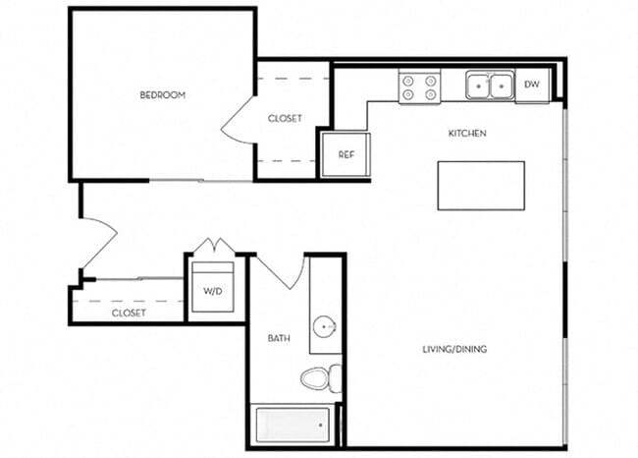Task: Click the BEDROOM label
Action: [x=163, y=95]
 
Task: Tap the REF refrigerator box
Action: [x=346, y=154]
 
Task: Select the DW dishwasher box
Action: [x=532, y=86]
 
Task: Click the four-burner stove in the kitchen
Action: [x=419, y=86]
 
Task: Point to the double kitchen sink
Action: [x=489, y=86]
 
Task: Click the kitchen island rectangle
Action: [x=480, y=185]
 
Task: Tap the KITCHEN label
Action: [x=467, y=133]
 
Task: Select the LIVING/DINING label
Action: [x=455, y=349]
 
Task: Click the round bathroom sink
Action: [x=324, y=326]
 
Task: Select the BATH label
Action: [x=279, y=338]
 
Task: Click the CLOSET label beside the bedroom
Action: [x=285, y=118]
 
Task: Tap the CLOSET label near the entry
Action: [x=129, y=313]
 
